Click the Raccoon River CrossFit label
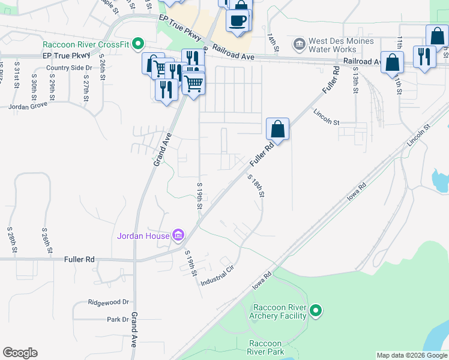(x=86, y=44)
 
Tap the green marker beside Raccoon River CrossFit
(x=138, y=44)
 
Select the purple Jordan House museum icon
(x=178, y=235)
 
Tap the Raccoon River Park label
(x=266, y=347)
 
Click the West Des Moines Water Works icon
(x=298, y=44)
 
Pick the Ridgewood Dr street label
(x=109, y=302)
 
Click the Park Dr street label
(x=117, y=319)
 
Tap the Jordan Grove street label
(x=28, y=106)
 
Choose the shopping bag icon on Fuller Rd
(x=277, y=128)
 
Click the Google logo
(x=20, y=353)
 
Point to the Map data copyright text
(x=412, y=355)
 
